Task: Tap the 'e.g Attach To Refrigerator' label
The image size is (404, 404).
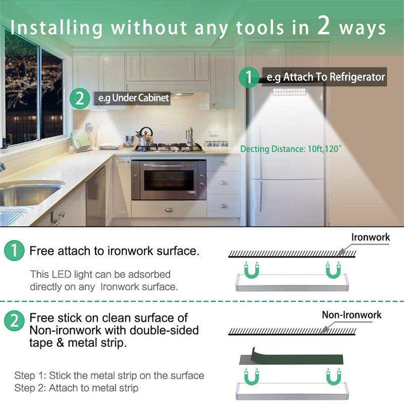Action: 325,77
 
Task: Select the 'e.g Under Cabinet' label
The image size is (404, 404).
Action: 133,98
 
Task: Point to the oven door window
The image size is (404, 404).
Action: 169,180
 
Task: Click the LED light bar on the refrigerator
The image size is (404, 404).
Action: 289,91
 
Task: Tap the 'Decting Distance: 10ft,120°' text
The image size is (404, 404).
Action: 291,149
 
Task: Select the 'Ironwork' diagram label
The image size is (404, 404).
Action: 371,237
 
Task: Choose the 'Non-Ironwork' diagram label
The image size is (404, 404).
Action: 351,315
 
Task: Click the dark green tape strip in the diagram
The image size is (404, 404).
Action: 291,358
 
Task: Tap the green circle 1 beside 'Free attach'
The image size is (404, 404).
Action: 14,250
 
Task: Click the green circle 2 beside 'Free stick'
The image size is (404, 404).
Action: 14,321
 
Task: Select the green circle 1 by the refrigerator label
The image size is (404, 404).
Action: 248,77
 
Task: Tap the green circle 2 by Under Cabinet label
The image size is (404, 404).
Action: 80,98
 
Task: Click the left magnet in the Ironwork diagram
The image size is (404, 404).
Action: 251,271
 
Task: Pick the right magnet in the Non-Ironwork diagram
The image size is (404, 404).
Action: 333,377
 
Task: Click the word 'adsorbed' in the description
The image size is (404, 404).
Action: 149,274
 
